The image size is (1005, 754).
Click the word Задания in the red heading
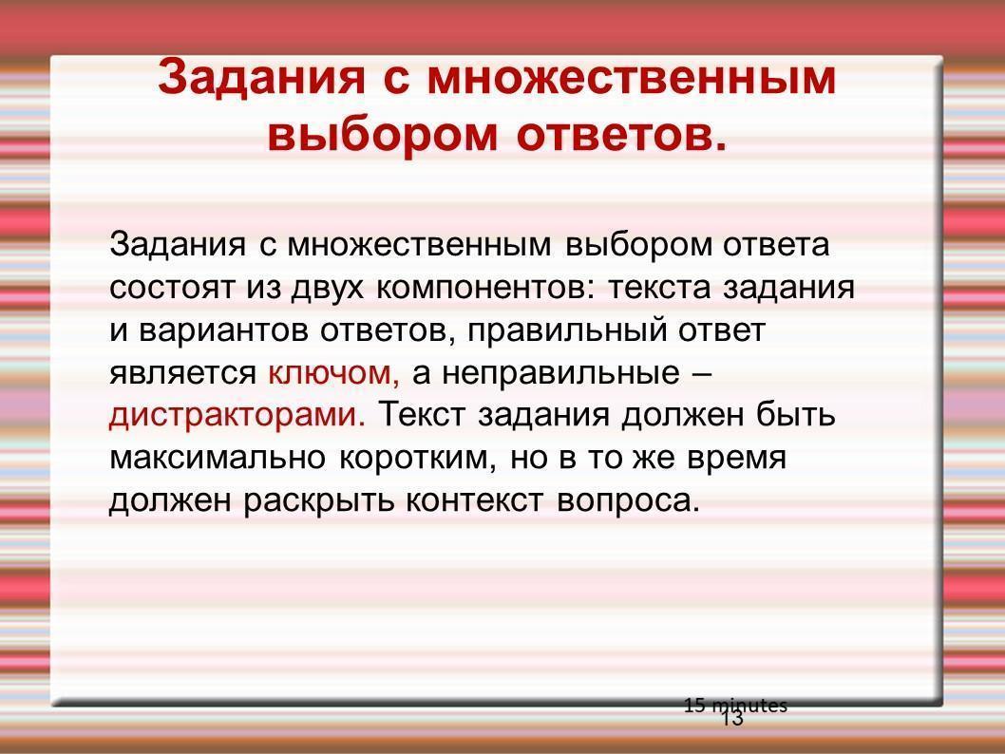pos(261,78)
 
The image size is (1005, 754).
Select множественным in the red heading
pos(632,77)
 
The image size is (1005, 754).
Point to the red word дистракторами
pos(237,414)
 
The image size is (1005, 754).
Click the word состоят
pos(171,288)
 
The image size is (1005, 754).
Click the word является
pos(182,373)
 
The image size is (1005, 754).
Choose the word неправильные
pos(560,373)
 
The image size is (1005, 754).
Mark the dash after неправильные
pos(702,374)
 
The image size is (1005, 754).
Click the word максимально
pos(218,458)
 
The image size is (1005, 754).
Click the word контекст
pos(474,501)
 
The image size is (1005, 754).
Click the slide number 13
pos(732,718)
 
